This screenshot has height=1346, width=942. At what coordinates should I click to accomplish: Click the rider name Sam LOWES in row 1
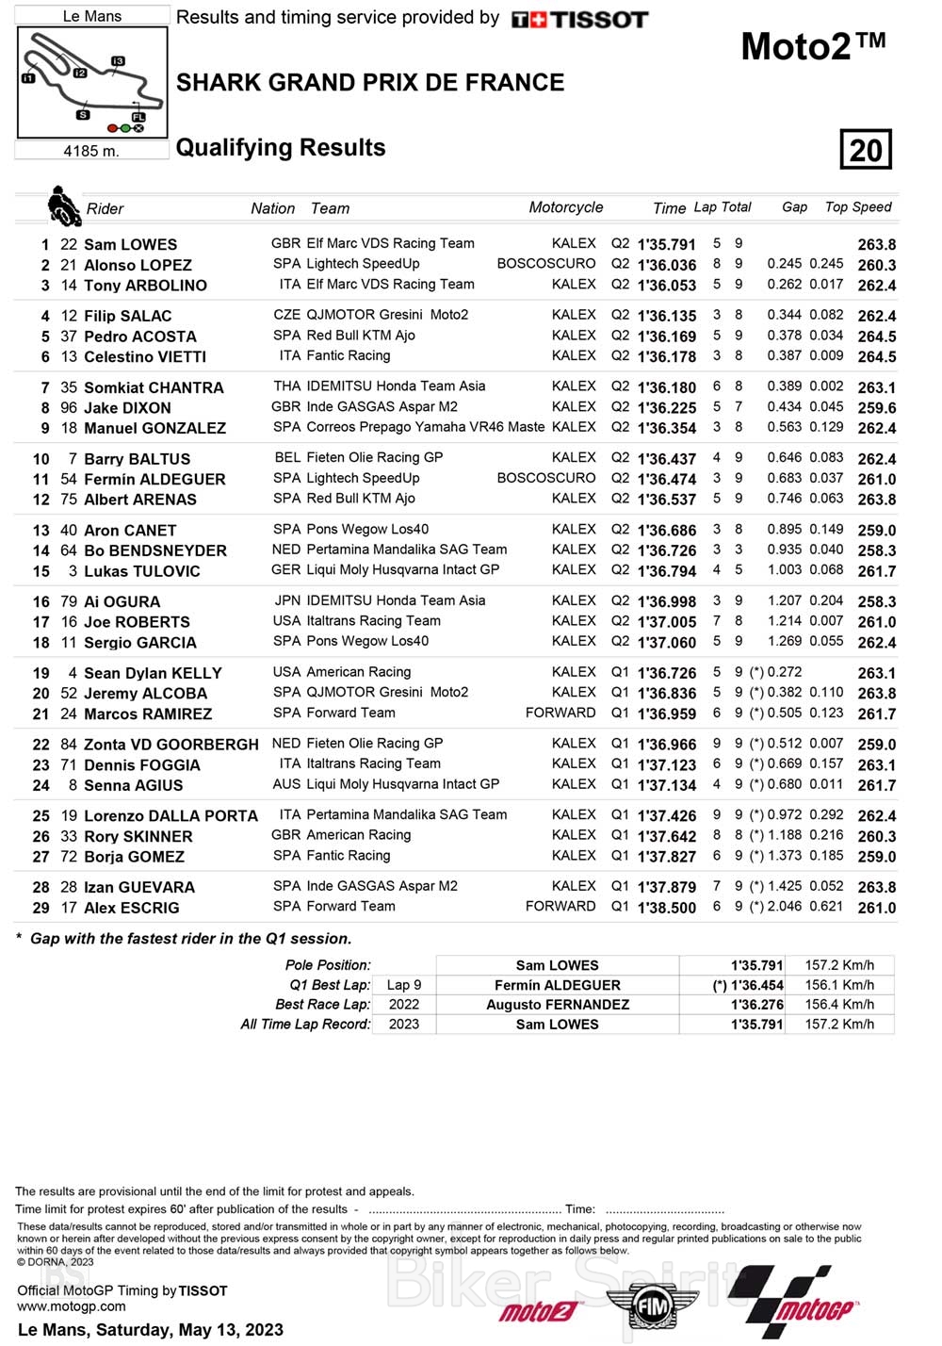[130, 244]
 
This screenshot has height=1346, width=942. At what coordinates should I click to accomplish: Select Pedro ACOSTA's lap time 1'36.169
[667, 336]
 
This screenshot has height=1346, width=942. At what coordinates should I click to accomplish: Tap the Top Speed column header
[858, 207]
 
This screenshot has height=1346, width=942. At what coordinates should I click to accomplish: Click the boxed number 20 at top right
[866, 150]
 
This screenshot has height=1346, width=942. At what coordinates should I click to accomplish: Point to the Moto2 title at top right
[813, 46]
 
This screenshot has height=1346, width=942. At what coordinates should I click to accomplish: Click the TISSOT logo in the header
[579, 19]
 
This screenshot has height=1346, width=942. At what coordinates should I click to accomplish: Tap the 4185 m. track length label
[91, 151]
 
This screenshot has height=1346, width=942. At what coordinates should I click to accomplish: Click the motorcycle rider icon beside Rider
[63, 205]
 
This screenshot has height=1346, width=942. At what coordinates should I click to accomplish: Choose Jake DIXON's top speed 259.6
[876, 408]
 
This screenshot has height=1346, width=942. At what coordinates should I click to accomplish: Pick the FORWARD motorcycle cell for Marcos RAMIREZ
[560, 713]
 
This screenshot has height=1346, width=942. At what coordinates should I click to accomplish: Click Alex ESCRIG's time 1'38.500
[667, 908]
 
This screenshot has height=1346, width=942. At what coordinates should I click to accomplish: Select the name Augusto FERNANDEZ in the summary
[558, 1005]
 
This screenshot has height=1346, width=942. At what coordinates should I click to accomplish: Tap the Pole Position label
[328, 965]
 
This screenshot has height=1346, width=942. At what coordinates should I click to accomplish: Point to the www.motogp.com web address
[72, 1306]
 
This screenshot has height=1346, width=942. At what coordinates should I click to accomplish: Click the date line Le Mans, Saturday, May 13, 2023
[151, 1329]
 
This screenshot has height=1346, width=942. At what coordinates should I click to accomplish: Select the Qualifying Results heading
[281, 148]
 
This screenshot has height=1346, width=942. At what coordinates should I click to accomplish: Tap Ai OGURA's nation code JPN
[287, 600]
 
